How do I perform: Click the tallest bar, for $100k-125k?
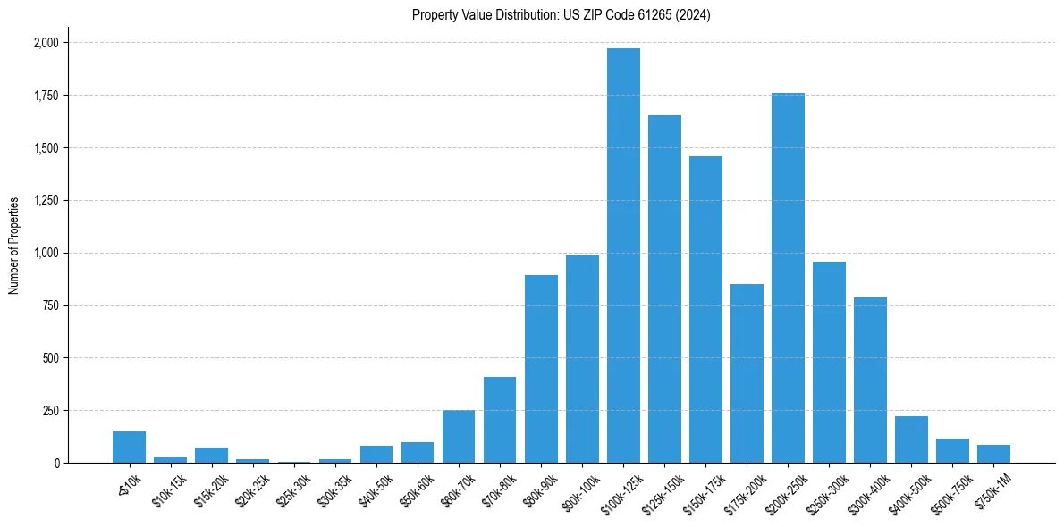pyautogui.click(x=623, y=255)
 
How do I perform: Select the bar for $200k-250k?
pyautogui.click(x=788, y=278)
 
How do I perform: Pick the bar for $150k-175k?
pyautogui.click(x=705, y=309)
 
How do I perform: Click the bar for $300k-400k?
pyautogui.click(x=870, y=380)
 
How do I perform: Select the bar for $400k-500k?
pyautogui.click(x=911, y=439)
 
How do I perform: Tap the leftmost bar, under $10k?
pyautogui.click(x=129, y=448)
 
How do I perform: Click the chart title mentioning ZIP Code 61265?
pyautogui.click(x=562, y=15)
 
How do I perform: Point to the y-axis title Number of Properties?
pyautogui.click(x=14, y=246)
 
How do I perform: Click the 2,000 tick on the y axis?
pyautogui.click(x=46, y=43)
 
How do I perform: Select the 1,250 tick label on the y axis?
pyautogui.click(x=46, y=200)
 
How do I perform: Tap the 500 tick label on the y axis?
pyautogui.click(x=50, y=358)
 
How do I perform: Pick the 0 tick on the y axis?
pyautogui.click(x=55, y=464)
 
